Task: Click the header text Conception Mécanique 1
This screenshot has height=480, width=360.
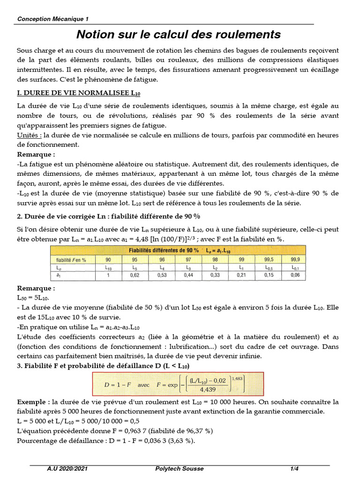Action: click(52, 19)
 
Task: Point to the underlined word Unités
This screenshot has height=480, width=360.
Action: click(26, 135)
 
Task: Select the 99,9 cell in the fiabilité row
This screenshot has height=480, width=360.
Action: click(295, 259)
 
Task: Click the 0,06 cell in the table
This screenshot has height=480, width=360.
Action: click(295, 275)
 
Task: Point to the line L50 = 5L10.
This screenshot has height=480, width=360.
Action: click(32, 298)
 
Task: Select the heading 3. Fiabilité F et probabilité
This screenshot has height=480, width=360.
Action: click(103, 365)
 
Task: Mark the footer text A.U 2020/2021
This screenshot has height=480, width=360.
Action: click(67, 469)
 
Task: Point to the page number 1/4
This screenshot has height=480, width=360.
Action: click(294, 469)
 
